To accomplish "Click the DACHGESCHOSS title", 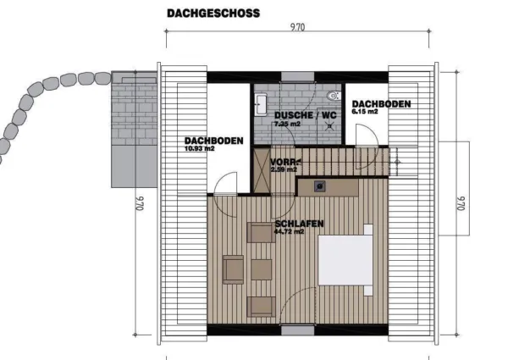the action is (213, 14).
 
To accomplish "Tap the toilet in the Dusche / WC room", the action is (334, 96).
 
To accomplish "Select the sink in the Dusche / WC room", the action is (261, 104).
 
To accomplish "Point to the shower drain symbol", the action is (330, 126).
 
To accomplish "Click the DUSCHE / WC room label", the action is (306, 115).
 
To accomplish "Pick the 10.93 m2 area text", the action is (200, 149).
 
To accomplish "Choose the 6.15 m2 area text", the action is (365, 112).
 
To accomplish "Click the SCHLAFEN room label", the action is (299, 224).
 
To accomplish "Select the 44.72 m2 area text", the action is (289, 232).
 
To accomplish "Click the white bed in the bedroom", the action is (345, 260).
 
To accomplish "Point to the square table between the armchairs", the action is (261, 269).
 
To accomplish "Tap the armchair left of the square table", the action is (233, 269).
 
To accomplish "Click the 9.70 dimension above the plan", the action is (297, 27).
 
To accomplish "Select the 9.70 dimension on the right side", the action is (461, 203).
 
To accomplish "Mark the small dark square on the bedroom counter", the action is (320, 186).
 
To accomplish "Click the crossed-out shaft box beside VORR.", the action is (262, 171).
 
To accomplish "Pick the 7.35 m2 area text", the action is (287, 124).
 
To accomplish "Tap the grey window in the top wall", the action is (297, 76).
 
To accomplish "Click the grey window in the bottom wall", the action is (297, 330).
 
